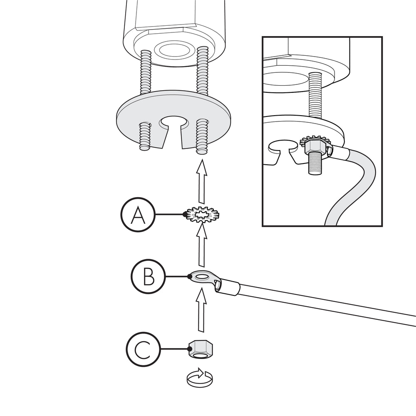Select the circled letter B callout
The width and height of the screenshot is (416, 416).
148,276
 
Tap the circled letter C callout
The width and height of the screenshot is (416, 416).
144,349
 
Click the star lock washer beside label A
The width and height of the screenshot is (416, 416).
203,214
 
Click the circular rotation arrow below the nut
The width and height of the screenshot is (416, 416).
200,377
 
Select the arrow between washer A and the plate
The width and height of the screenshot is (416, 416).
202,181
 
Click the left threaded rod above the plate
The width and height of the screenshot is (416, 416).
145,72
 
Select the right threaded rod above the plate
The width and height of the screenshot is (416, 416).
203,70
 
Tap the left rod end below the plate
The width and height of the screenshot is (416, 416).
145,136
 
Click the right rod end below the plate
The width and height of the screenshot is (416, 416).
202,136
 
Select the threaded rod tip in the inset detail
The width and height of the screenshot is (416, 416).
315,164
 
